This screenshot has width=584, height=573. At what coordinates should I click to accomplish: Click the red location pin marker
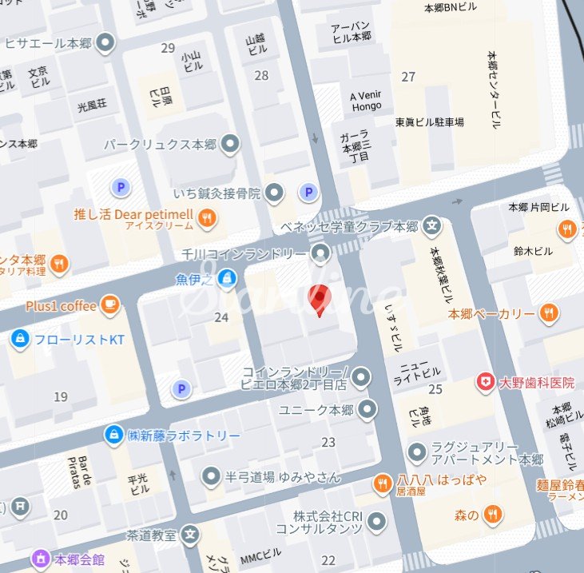tap(320, 300)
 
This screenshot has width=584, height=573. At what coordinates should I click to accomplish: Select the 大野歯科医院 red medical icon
tap(485, 383)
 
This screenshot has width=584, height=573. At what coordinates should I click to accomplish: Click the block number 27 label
tap(408, 77)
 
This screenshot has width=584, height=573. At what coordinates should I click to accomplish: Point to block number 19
tap(61, 396)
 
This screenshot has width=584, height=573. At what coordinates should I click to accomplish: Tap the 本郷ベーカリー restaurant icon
tap(548, 313)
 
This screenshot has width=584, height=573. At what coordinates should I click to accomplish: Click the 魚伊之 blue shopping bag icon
tap(228, 279)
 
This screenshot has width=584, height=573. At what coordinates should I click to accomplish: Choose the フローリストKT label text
tap(79, 340)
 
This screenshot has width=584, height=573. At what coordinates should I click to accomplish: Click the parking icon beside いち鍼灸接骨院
tap(308, 192)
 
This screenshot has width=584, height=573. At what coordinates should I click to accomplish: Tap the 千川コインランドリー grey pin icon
tap(320, 254)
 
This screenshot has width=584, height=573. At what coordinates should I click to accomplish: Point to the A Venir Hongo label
tap(366, 100)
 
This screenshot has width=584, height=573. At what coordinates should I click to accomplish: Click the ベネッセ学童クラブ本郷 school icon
tap(432, 226)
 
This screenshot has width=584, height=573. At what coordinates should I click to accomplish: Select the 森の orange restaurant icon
tap(495, 515)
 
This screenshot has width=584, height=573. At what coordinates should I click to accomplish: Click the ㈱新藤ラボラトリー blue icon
tap(115, 435)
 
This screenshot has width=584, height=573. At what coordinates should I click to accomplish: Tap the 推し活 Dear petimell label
tap(133, 214)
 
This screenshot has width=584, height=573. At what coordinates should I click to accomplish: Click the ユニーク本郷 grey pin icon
tap(367, 411)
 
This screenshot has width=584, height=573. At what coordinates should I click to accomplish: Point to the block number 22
tap(328, 560)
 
